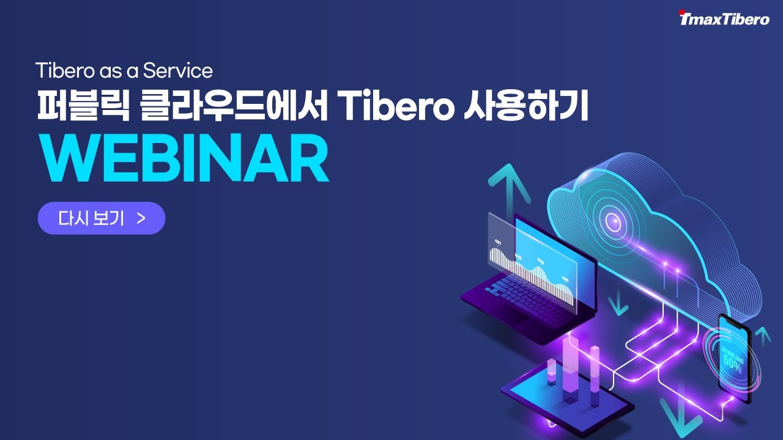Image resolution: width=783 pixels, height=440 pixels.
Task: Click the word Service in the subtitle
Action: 178,71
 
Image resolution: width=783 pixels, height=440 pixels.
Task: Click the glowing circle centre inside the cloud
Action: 610,218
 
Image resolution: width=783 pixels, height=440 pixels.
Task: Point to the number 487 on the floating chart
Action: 498,242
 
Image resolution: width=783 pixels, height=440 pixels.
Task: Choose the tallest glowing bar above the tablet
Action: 571,367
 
